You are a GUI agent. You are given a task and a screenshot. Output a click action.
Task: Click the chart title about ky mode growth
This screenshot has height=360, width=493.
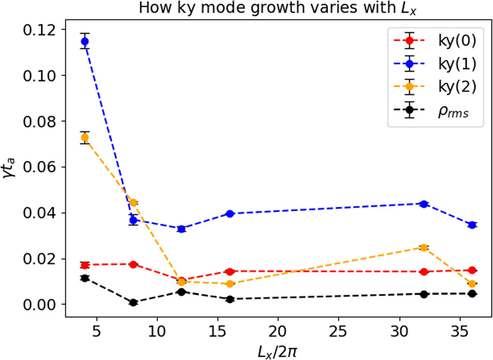278,8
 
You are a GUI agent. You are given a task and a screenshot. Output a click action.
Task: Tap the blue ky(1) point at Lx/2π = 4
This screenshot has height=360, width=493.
85,41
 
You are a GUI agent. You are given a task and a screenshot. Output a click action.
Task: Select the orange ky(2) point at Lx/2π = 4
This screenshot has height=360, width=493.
85,138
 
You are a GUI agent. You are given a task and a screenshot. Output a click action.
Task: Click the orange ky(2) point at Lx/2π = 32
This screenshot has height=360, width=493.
424,248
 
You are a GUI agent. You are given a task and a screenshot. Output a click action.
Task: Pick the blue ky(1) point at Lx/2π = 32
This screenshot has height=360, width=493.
424,204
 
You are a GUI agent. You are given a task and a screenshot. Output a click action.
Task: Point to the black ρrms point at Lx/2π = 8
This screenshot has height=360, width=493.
133,302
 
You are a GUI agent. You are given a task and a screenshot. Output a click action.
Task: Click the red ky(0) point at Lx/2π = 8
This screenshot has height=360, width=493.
133,264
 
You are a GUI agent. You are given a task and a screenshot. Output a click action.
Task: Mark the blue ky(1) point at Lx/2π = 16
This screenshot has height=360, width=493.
230,214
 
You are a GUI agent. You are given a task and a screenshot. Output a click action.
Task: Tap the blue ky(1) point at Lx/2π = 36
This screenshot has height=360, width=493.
472,225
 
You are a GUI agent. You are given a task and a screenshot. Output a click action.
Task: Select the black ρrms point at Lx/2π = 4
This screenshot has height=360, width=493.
85,278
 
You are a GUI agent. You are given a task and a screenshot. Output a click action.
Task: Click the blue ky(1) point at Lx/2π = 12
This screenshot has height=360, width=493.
181,229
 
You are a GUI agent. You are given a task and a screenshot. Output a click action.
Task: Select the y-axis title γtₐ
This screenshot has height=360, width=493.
10,167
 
